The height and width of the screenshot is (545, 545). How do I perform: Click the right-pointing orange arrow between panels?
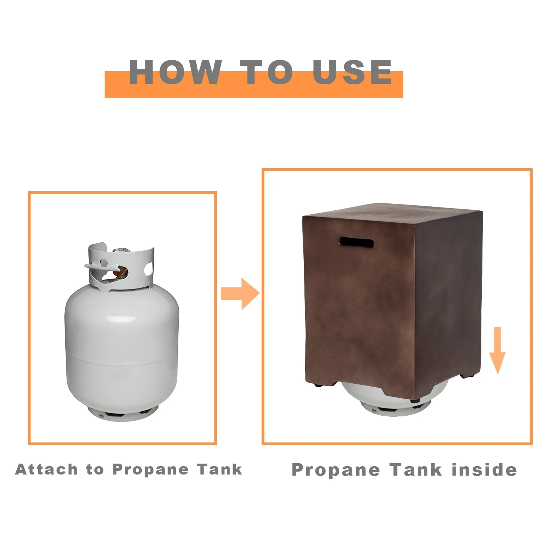tap(240, 294)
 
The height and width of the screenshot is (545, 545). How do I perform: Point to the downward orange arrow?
tap(497, 351)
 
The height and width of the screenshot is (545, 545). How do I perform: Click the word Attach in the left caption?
tap(47, 469)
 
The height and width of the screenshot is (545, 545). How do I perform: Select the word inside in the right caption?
tap(484, 469)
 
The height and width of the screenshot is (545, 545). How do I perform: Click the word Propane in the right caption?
tap(336, 470)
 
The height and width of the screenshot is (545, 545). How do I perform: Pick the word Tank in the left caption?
tap(220, 469)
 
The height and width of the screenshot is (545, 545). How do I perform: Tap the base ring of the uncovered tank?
tap(123, 413)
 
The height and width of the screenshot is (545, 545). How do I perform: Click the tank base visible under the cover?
tap(391, 403)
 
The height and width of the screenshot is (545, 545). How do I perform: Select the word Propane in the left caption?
tap(150, 470)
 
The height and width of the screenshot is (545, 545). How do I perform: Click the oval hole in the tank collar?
tap(148, 269)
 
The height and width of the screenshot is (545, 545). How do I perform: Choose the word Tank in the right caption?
tap(416, 469)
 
